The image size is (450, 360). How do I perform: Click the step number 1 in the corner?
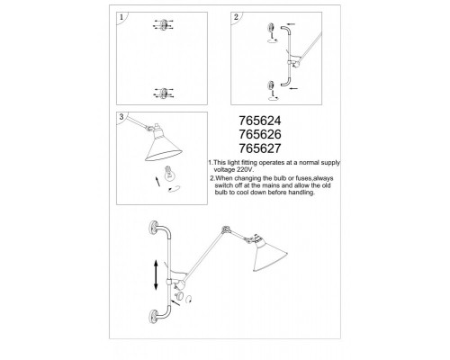pyautogui.click(x=121, y=17)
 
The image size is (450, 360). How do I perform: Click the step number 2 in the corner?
pyautogui.click(x=236, y=17)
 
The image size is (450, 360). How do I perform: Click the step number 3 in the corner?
pyautogui.click(x=121, y=117)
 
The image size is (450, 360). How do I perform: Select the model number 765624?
pyautogui.click(x=260, y=121)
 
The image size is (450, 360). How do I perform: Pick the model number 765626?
pyautogui.click(x=260, y=134)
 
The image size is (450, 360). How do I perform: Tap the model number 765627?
pyautogui.click(x=260, y=148)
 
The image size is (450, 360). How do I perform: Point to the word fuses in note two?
pyautogui.click(x=303, y=178)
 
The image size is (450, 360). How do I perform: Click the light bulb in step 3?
pyautogui.click(x=169, y=174)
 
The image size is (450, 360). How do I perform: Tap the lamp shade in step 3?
pyautogui.click(x=163, y=146)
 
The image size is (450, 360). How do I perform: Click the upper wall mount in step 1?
pyautogui.click(x=164, y=24)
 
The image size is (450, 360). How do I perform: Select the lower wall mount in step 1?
pyautogui.click(x=164, y=93)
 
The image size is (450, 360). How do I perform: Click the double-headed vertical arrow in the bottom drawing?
pyautogui.click(x=156, y=275)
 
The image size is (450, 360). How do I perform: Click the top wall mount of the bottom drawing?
pyautogui.click(x=155, y=229)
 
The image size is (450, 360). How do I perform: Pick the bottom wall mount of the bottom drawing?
pyautogui.click(x=154, y=316)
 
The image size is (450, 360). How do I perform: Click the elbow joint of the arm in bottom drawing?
pyautogui.click(x=224, y=229)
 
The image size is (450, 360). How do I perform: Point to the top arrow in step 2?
pyautogui.click(x=291, y=24)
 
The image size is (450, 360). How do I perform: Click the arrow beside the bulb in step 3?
pyautogui.click(x=157, y=182)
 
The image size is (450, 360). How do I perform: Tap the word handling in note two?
pyautogui.click(x=301, y=193)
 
